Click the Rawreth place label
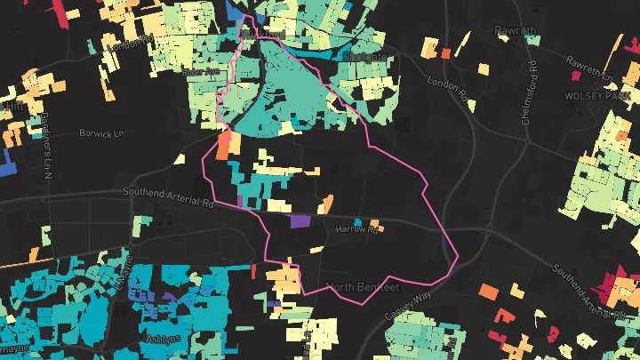[x=516, y=31]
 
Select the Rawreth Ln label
[x=591, y=63]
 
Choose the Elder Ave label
[x=199, y=70]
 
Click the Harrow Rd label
[x=357, y=230]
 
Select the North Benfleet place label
[x=364, y=287]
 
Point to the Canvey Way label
[x=407, y=305]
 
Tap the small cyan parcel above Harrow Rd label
[x=358, y=222]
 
